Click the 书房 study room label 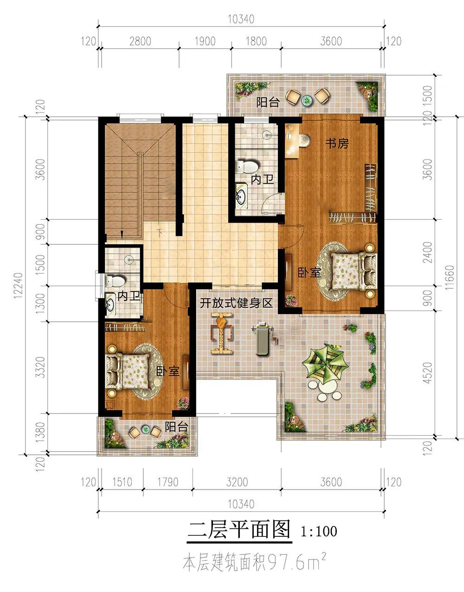337,144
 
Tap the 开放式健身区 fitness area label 236,303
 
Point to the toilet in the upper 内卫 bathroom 246,167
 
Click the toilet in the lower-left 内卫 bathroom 115,281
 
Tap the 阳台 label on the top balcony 268,103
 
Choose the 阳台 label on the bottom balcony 176,426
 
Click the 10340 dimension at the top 241,19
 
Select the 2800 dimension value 140,41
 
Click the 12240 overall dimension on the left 18,285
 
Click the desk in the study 292,140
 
